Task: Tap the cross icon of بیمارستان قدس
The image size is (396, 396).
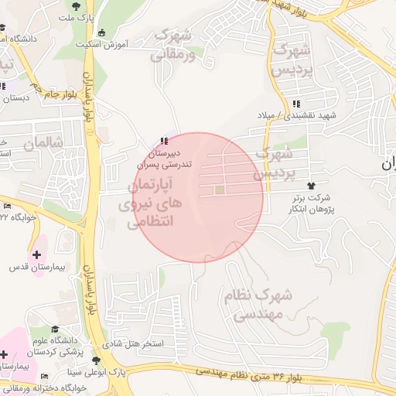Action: click(x=36, y=254)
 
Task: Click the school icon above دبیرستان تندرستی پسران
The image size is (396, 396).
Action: click(x=162, y=141)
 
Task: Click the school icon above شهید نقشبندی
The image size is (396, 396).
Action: click(x=296, y=104)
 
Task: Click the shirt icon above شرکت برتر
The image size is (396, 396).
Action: click(x=312, y=186)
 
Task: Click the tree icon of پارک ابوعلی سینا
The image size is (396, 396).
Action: click(x=96, y=361)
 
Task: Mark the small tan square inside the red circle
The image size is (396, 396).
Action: click(x=220, y=189)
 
